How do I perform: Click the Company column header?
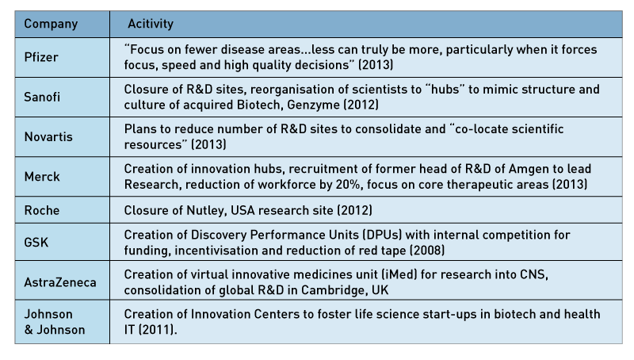(x=51, y=24)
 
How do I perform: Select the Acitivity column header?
(x=151, y=24)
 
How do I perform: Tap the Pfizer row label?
(x=41, y=57)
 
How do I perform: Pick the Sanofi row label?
(x=42, y=97)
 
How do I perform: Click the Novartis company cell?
(x=48, y=136)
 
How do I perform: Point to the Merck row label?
(x=42, y=177)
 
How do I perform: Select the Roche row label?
(x=42, y=210)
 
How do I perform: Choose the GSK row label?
(x=36, y=243)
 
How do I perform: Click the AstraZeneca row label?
(x=60, y=282)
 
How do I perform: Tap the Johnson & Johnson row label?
(x=55, y=322)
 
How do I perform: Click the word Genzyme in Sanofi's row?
(x=314, y=105)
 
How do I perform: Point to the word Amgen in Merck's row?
(x=529, y=169)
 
